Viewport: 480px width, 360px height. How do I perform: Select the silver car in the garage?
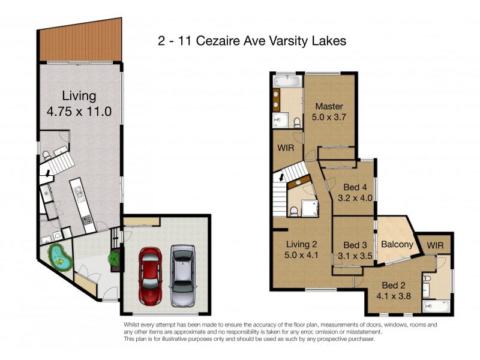183,274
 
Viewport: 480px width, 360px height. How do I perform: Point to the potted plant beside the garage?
113,259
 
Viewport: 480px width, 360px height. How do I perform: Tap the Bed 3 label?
355,245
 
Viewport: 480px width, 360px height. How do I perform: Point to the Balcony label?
397,244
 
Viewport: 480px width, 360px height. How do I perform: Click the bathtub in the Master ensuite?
289,81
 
